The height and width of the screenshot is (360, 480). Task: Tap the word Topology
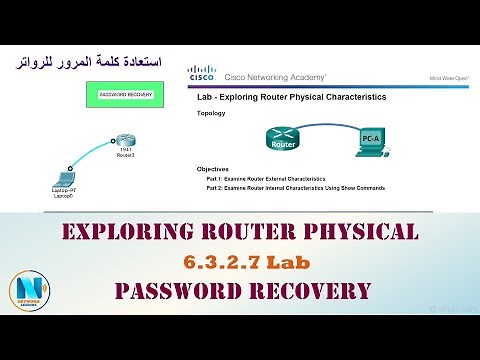click(211, 112)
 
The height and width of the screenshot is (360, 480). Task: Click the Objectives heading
click(213, 169)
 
